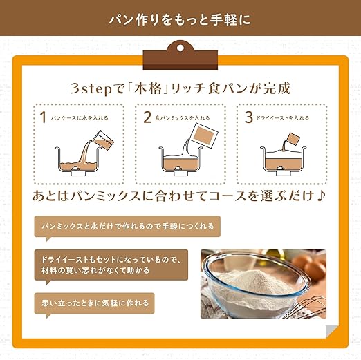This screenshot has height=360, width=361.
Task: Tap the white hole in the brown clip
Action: tap(180, 48)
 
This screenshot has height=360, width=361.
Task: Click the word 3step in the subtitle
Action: tap(91, 89)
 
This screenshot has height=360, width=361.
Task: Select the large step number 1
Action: tap(43, 117)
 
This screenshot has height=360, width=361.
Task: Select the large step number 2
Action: tap(147, 117)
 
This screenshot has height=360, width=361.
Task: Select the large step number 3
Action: tap(249, 117)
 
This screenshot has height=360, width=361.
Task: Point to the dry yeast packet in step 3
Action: tap(293, 139)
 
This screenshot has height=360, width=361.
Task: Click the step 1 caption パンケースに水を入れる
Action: tap(80, 118)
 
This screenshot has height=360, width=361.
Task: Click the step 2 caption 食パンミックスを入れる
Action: tap(182, 118)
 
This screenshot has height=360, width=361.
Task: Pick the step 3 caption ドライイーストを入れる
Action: tap(283, 118)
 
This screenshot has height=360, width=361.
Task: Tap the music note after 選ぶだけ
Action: tap(321, 196)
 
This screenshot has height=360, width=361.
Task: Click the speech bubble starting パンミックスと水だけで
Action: tap(127, 227)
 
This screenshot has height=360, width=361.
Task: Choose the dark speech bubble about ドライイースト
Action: tap(111, 265)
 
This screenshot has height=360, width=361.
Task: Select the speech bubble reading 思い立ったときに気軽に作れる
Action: tap(94, 303)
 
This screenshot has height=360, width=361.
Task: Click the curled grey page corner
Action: tap(332, 332)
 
